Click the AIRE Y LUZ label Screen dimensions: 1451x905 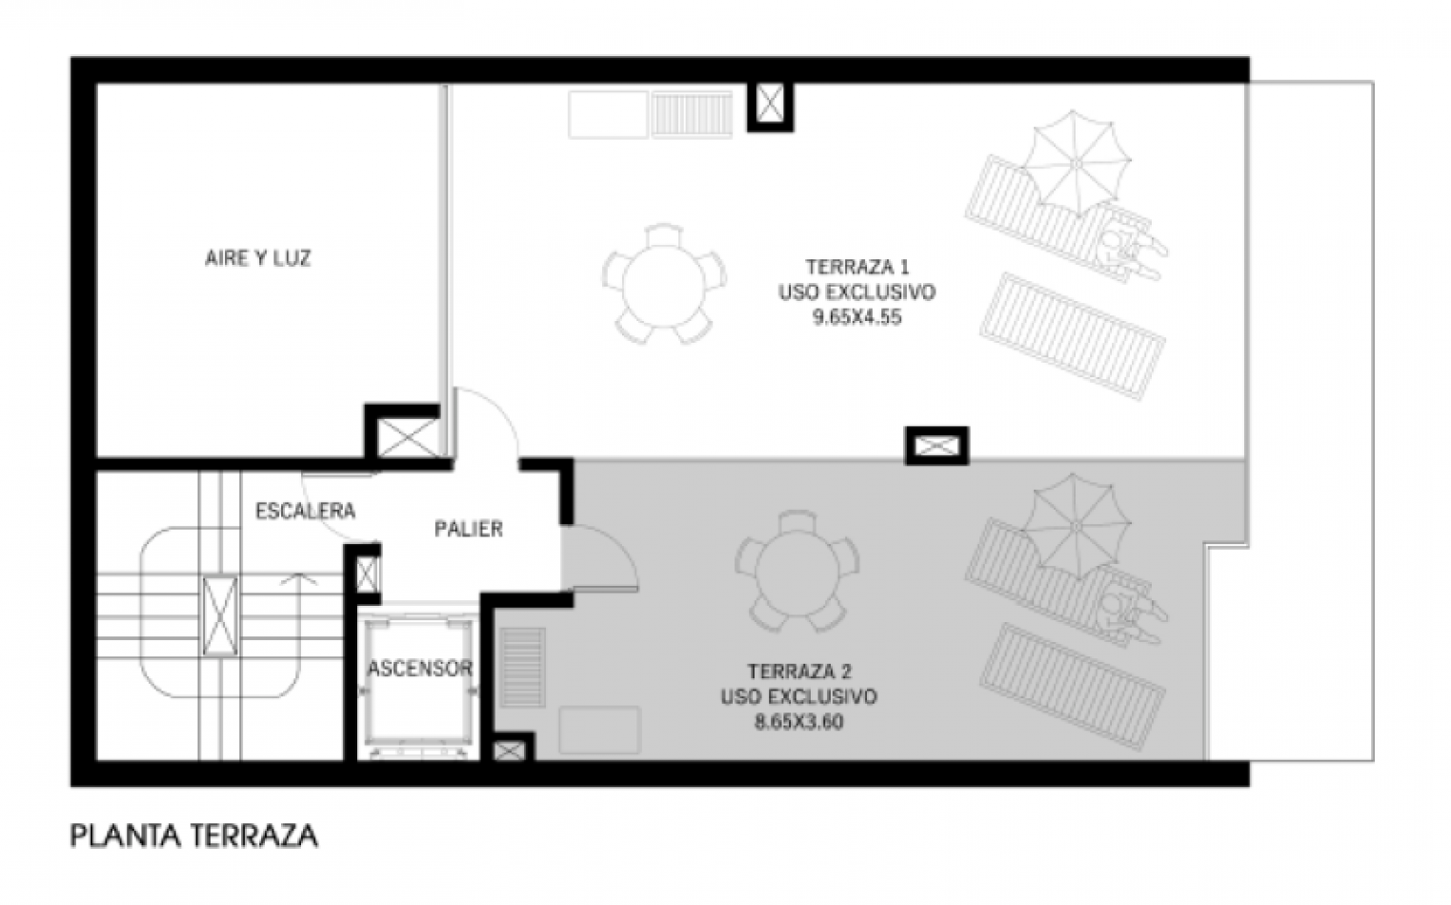[x=258, y=258]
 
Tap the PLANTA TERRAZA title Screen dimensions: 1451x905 [x=193, y=835]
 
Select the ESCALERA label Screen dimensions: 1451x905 [x=305, y=512]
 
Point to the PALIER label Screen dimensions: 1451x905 [x=469, y=529]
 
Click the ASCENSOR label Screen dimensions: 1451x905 [x=420, y=668]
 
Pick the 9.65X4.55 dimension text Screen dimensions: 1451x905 [x=857, y=317]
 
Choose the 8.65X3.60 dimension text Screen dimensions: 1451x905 [x=799, y=722]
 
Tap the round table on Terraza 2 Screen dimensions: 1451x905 [x=796, y=571]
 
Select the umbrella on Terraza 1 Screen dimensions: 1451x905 [x=1076, y=163]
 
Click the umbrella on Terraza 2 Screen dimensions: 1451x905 [x=1076, y=526]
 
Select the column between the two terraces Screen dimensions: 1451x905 [x=937, y=446]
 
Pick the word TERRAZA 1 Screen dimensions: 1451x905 [x=857, y=266]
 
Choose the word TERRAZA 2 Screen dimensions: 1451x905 [x=799, y=671]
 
